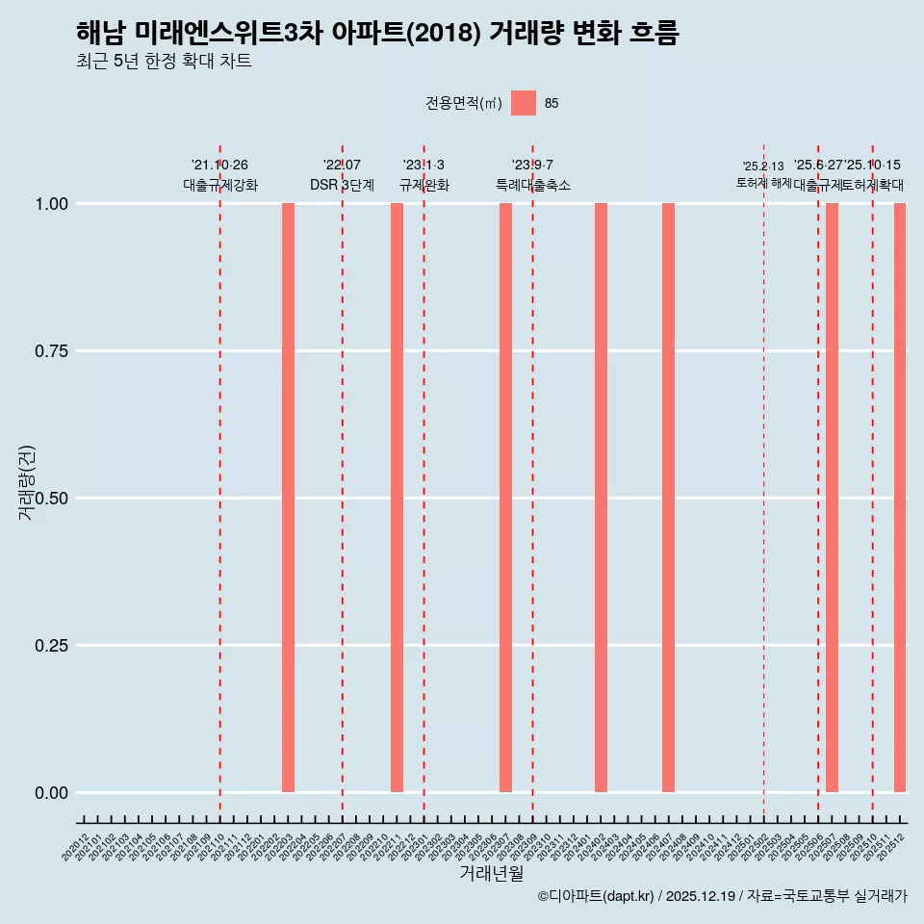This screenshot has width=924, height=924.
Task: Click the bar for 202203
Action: click(x=288, y=498)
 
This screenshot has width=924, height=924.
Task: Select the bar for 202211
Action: click(x=397, y=498)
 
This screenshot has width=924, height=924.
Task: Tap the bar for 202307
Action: click(x=505, y=498)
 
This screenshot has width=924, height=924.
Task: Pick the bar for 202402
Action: click(x=601, y=498)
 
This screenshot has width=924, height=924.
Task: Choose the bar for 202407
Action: click(x=668, y=498)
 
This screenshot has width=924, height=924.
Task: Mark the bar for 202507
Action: click(x=832, y=498)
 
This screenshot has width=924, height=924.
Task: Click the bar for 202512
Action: click(x=900, y=498)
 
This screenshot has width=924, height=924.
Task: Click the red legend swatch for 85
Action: click(x=523, y=103)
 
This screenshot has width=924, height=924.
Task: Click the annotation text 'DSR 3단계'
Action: click(x=342, y=185)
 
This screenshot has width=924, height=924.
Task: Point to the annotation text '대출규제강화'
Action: click(x=220, y=185)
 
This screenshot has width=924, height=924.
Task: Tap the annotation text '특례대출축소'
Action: click(x=533, y=185)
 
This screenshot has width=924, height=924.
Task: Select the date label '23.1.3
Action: click(x=423, y=166)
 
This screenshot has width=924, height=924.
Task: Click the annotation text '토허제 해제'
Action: click(x=763, y=183)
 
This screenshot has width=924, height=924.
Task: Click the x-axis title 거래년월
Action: click(x=492, y=874)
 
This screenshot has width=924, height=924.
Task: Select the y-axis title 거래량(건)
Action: click(x=26, y=481)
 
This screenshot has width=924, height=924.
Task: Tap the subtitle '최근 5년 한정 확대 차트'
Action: click(x=164, y=62)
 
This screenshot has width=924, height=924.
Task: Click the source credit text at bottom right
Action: click(x=722, y=896)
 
